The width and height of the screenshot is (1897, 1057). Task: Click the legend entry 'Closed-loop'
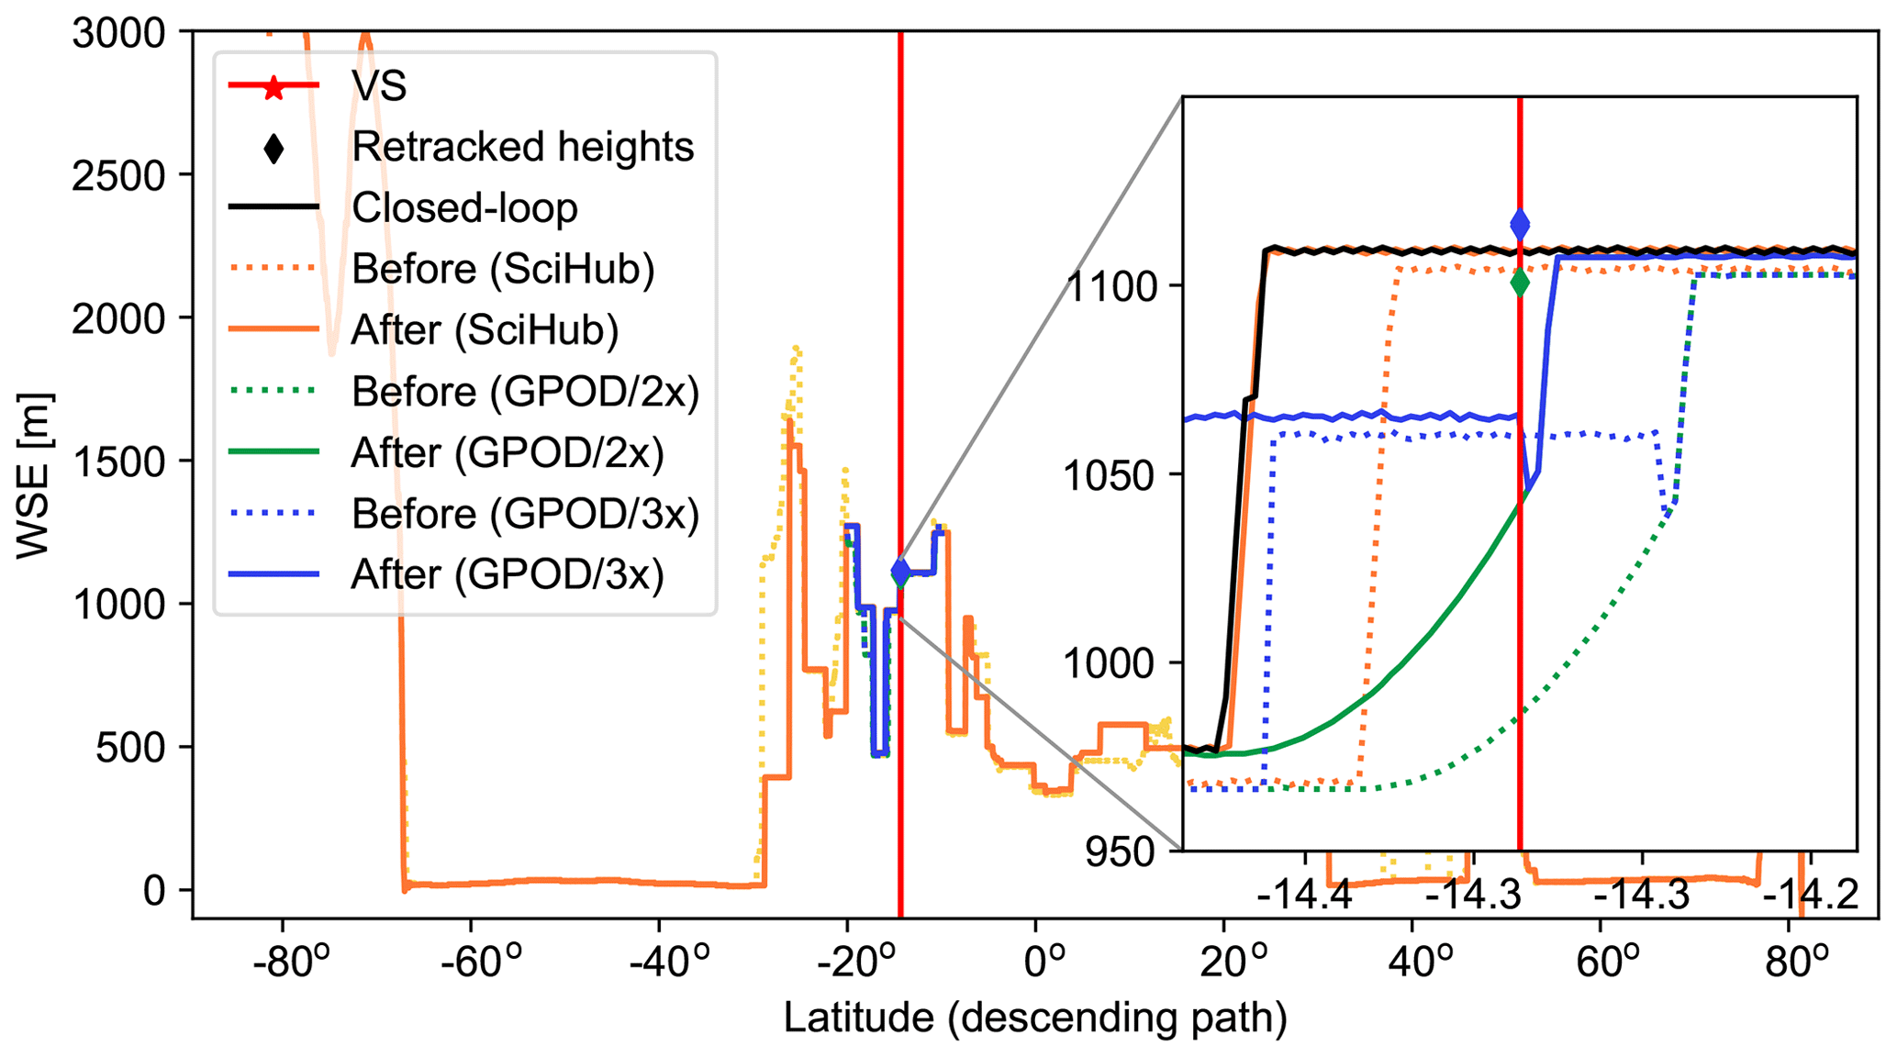[x=463, y=208]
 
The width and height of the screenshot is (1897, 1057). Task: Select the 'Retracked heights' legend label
[x=522, y=147]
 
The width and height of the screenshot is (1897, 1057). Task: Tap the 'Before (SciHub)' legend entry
[x=502, y=269]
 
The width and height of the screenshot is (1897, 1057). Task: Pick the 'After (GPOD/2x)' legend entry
[x=507, y=453]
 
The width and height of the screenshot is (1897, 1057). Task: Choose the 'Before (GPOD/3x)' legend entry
[x=525, y=514]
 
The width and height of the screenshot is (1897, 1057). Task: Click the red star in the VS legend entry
[x=273, y=87]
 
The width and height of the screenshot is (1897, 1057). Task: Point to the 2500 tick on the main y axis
[x=118, y=175]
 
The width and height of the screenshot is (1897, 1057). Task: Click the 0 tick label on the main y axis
[x=154, y=890]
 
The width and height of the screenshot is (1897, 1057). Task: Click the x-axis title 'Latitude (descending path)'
[x=1034, y=1018]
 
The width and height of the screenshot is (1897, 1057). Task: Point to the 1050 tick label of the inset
[x=1116, y=476]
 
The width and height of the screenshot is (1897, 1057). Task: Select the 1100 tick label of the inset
[x=1116, y=287]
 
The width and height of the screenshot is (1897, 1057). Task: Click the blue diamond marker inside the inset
[x=1520, y=224]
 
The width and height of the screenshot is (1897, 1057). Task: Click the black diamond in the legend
[x=273, y=148]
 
